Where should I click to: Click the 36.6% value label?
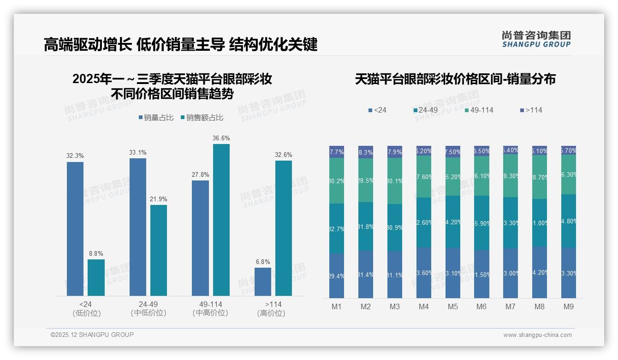click(x=221, y=138)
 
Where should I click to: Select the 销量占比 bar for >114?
click(x=263, y=282)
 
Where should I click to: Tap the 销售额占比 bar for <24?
click(x=96, y=277)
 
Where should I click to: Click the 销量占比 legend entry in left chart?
click(x=156, y=118)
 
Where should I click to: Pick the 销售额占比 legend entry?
click(x=202, y=118)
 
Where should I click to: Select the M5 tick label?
click(x=452, y=306)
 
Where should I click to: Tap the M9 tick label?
click(x=569, y=306)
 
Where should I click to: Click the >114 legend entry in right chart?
click(x=531, y=110)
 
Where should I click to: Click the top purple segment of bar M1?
click(x=337, y=152)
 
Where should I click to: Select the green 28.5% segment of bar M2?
click(x=366, y=180)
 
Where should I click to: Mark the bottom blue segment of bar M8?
click(x=540, y=272)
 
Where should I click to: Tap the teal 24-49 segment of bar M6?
click(x=481, y=223)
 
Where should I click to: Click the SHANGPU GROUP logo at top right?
click(x=536, y=39)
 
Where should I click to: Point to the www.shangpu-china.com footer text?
click(x=537, y=335)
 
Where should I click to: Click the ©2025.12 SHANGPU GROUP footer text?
click(x=92, y=335)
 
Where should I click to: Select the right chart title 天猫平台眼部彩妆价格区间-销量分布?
click(x=455, y=79)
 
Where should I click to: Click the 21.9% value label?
click(x=159, y=199)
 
